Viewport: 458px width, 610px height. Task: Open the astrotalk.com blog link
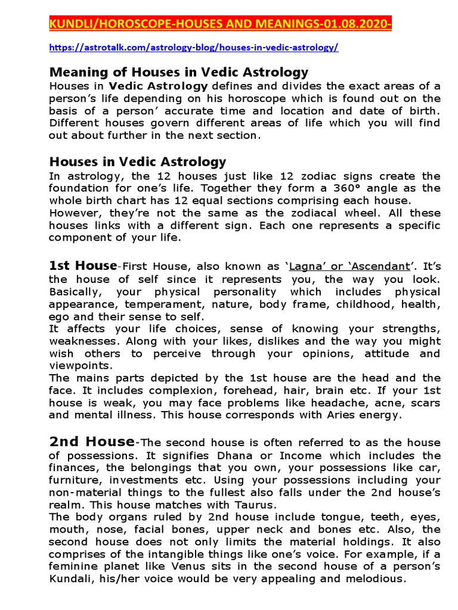click(193, 48)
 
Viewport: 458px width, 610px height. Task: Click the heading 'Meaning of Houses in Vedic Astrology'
click(179, 73)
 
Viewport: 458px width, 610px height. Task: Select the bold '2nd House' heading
click(91, 442)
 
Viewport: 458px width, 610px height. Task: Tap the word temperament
click(143, 304)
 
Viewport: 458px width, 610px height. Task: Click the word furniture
click(74, 480)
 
